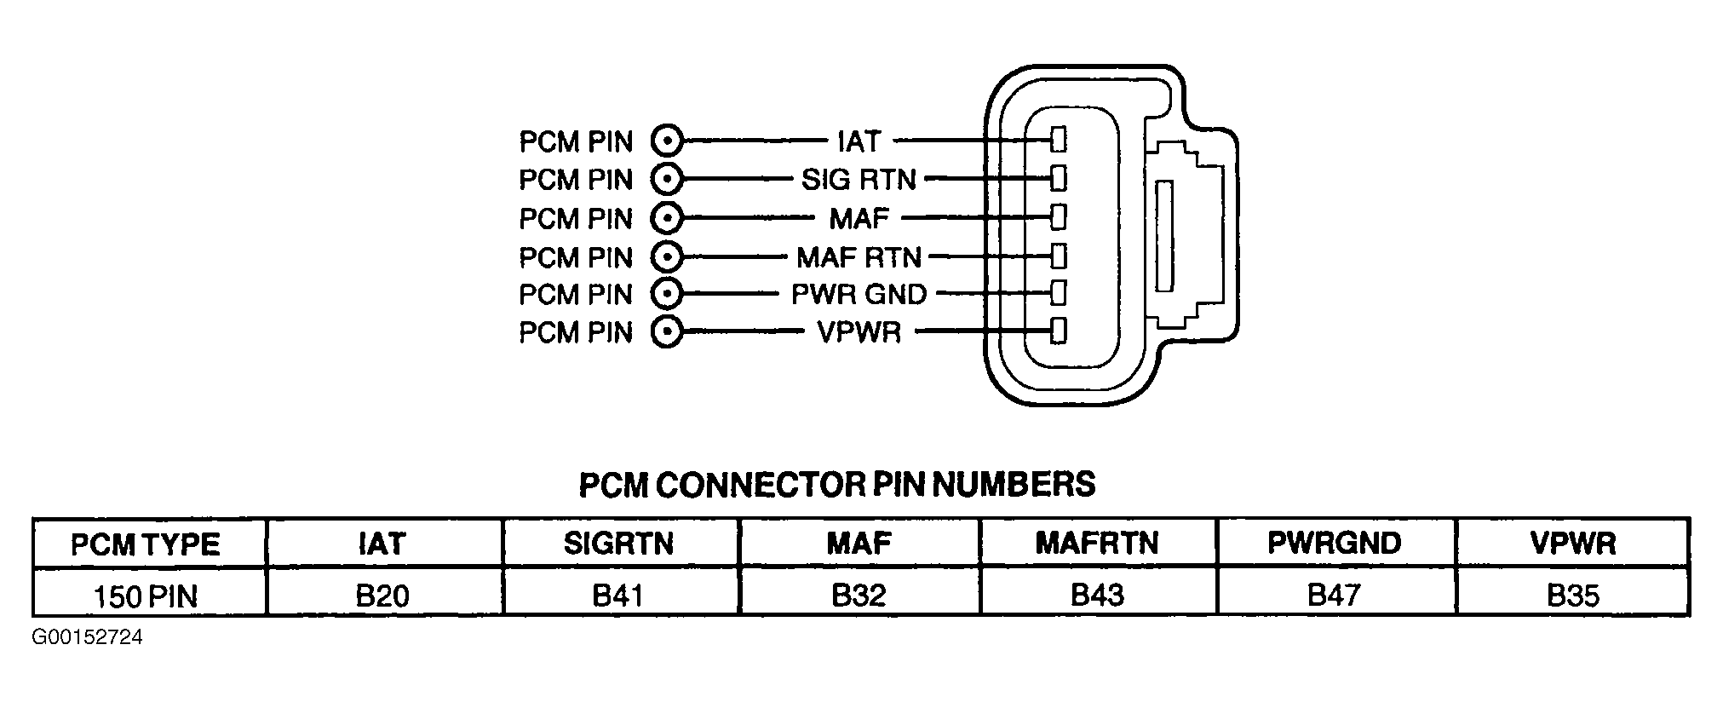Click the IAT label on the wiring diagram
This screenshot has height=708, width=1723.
point(859,141)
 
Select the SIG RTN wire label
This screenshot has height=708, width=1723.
point(859,179)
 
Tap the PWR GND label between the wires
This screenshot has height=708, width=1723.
point(859,294)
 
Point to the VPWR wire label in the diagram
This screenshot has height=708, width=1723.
point(859,331)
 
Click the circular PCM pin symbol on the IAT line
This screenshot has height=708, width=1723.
point(668,141)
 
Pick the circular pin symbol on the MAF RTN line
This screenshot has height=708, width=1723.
point(668,256)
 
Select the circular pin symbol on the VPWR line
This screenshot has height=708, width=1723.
point(668,331)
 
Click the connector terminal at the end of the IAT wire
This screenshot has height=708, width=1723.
point(1059,141)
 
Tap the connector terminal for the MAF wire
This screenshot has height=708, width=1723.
point(1059,217)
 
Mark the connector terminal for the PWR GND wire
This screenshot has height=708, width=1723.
point(1059,293)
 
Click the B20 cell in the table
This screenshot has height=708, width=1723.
point(383,595)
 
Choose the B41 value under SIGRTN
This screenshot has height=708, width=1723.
point(617,595)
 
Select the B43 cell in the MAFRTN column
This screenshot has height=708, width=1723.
point(1097,595)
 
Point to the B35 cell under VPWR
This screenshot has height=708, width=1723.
point(1572,595)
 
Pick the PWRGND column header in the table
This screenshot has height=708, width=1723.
point(1335,543)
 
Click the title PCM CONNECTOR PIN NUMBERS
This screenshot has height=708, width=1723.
point(837,484)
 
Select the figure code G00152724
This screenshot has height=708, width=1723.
point(88,637)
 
